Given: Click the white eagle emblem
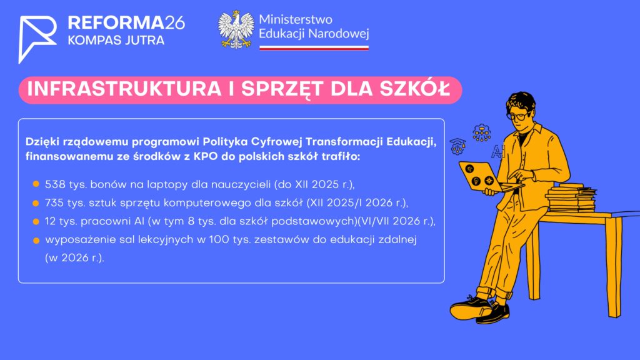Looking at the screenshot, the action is pyautogui.click(x=236, y=30).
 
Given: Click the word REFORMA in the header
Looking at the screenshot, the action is pyautogui.click(x=116, y=23).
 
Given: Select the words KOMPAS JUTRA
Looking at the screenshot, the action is pyautogui.click(x=116, y=41).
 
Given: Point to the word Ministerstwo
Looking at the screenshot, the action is pyautogui.click(x=296, y=19).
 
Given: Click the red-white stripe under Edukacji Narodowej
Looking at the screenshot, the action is pyautogui.click(x=314, y=47).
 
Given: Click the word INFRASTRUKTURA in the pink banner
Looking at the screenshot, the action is pyautogui.click(x=124, y=89).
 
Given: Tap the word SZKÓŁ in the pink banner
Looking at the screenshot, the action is pyautogui.click(x=415, y=89).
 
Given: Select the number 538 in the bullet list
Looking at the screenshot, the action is pyautogui.click(x=55, y=184).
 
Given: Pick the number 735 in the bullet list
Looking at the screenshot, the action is pyautogui.click(x=55, y=203).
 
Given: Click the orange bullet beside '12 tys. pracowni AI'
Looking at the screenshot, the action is pyautogui.click(x=36, y=222).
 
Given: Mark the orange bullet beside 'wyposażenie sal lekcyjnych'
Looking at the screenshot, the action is pyautogui.click(x=36, y=241).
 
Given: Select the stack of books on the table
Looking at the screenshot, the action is pyautogui.click(x=571, y=198).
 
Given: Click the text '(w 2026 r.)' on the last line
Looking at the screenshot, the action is pyautogui.click(x=75, y=258).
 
